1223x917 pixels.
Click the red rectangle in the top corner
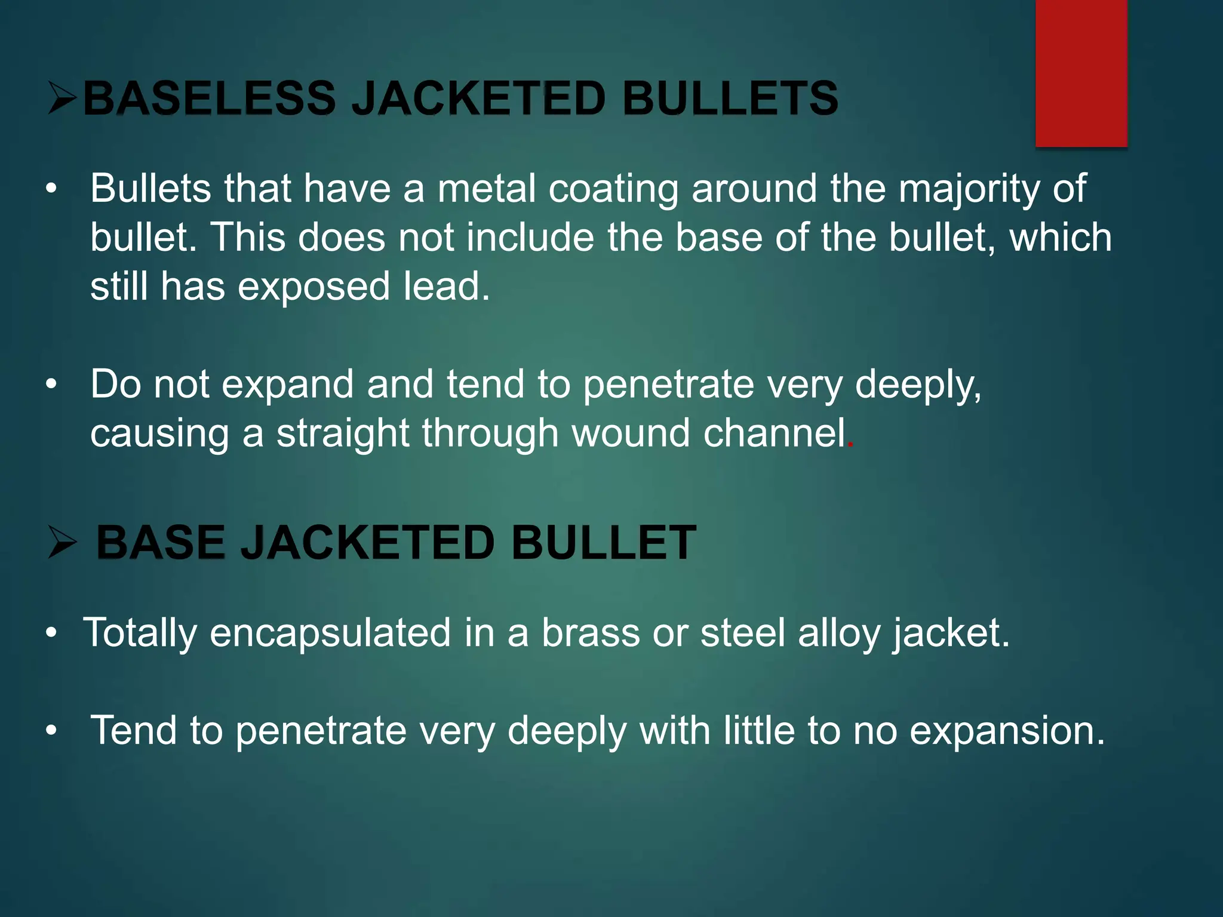1081,73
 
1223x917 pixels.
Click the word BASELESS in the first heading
209,99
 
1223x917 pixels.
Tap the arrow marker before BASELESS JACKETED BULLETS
62,99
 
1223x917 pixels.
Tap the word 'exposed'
314,287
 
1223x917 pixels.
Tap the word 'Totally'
140,633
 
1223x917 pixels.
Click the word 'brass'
591,633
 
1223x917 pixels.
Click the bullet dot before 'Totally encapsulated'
52,633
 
